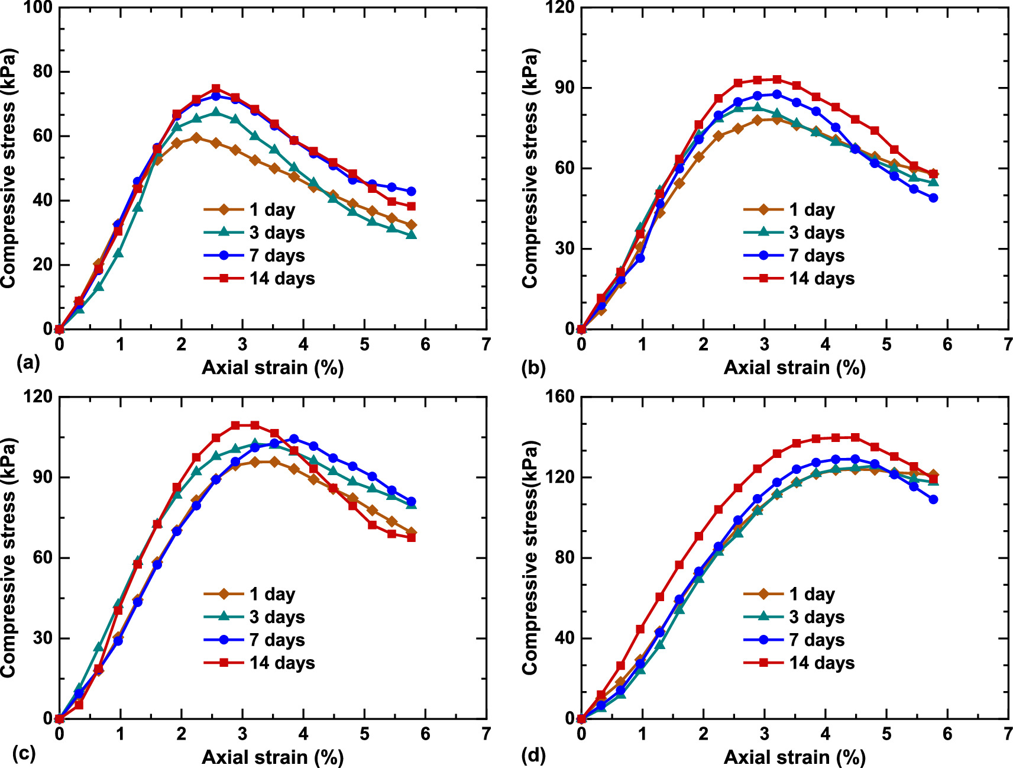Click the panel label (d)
533,754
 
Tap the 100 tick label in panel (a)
37,8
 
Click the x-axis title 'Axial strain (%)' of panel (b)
794,367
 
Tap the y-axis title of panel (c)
8,557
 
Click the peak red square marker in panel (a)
216,89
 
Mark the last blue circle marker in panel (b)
933,198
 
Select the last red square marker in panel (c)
411,537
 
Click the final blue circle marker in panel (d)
933,499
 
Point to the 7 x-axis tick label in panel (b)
1008,344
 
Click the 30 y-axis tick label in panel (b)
563,249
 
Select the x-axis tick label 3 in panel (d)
764,734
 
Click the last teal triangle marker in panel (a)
411,235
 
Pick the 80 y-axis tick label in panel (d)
563,557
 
